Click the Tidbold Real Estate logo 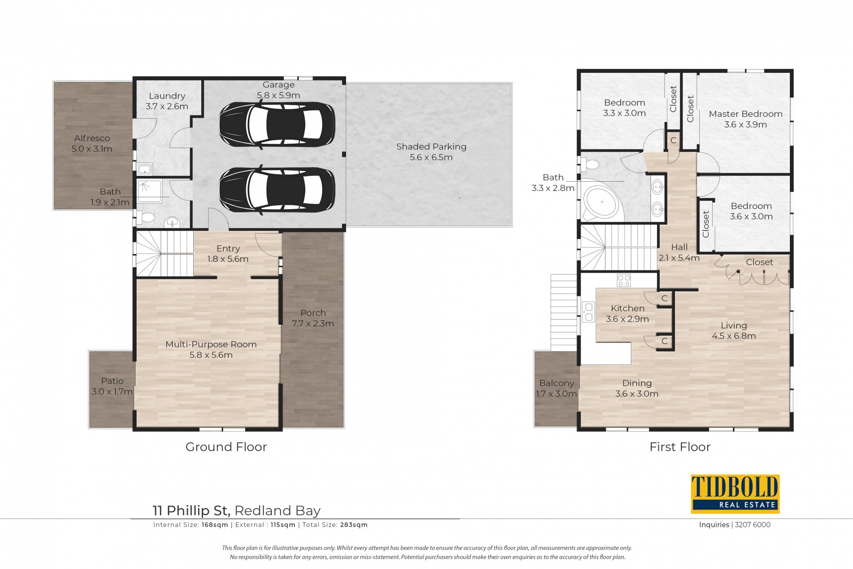(x=735, y=494)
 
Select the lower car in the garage (x=277, y=189)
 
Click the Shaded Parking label (x=431, y=147)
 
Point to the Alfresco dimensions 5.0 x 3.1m (x=92, y=149)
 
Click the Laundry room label (x=167, y=96)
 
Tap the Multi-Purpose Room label (x=211, y=344)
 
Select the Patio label (x=112, y=381)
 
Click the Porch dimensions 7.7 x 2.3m (x=313, y=323)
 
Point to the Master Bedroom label (x=745, y=114)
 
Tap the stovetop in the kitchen (x=624, y=280)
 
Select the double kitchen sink (x=589, y=312)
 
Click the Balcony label (x=557, y=383)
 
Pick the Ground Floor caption (x=226, y=447)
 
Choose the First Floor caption (x=680, y=447)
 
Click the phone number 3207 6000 (x=753, y=525)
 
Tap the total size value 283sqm (x=354, y=525)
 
